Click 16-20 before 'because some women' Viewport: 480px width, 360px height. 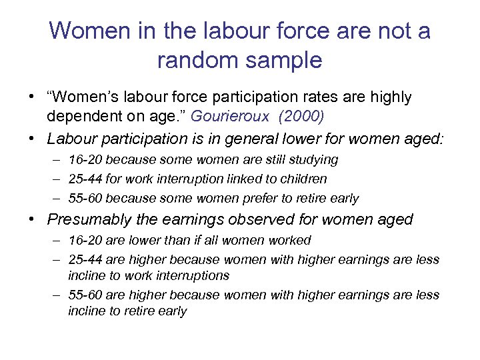point(85,160)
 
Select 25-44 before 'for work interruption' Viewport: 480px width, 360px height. point(85,179)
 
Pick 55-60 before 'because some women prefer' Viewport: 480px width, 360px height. point(85,198)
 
